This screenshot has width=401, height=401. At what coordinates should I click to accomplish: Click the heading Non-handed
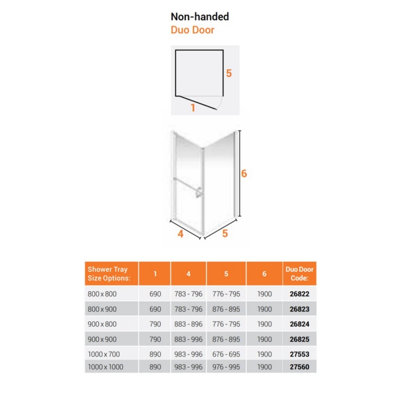pos(199,17)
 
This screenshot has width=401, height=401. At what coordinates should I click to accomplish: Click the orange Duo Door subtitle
pos(192,30)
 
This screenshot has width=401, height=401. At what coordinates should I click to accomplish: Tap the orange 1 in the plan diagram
pos(193,108)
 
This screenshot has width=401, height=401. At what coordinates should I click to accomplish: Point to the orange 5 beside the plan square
pos(229,73)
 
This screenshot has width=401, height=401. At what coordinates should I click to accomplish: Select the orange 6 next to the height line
pos(244,173)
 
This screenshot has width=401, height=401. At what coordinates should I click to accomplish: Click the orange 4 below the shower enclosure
pos(180,234)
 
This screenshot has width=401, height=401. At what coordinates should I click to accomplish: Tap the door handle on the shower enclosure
pos(199,192)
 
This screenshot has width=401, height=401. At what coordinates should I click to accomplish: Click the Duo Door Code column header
pos(299,273)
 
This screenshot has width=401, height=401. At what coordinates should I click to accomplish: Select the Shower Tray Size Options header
pos(109,273)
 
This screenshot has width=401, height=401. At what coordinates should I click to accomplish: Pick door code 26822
pos(299,294)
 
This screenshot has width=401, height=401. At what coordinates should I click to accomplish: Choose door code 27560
pos(299,367)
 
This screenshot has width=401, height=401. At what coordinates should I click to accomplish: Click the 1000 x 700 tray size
pos(104,354)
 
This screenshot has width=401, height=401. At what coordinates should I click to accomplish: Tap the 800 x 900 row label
pos(102,309)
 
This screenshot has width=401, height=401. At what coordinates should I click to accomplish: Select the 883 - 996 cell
pos(188,339)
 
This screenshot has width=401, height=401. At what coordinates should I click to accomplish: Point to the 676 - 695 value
pos(226,354)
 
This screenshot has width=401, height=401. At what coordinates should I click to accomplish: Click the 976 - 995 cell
pos(226,367)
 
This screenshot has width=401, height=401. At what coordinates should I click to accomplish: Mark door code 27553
pos(299,354)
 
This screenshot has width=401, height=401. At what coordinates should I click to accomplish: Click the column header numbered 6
pos(265,274)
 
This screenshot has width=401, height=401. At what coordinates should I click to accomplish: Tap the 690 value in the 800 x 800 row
pos(155,294)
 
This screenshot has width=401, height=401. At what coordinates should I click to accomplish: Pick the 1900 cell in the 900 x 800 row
pos(265,324)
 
